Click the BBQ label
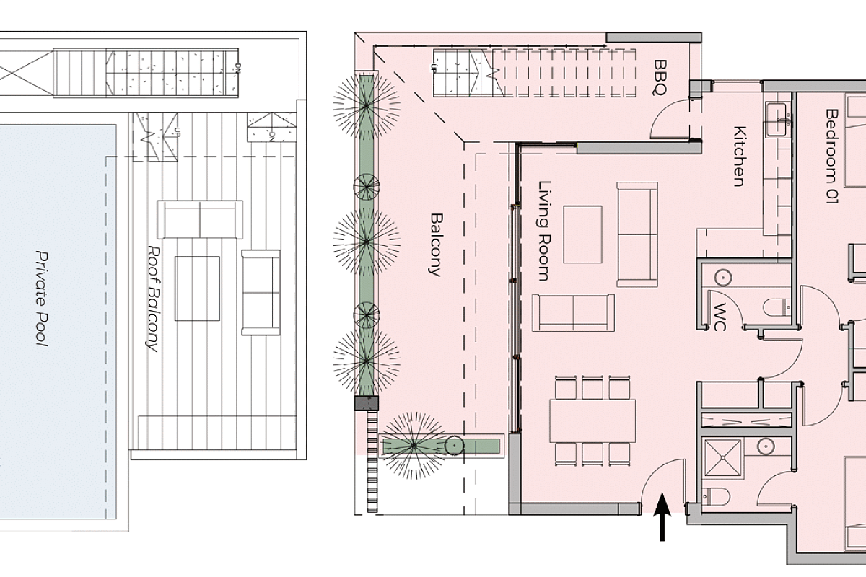[x=660, y=77]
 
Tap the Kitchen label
[x=740, y=156]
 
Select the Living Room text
[x=544, y=231]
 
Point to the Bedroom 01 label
[x=831, y=156]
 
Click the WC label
[x=720, y=317]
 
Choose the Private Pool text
[x=42, y=299]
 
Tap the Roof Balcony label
[x=154, y=299]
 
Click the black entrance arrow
[x=662, y=516]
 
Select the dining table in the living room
[x=592, y=421]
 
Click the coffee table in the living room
[x=582, y=234]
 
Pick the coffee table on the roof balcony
[x=197, y=288]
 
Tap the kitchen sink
[x=777, y=120]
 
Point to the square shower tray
[x=722, y=457]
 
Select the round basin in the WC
[x=722, y=278]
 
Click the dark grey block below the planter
[x=367, y=403]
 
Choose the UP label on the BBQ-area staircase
[x=434, y=67]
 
